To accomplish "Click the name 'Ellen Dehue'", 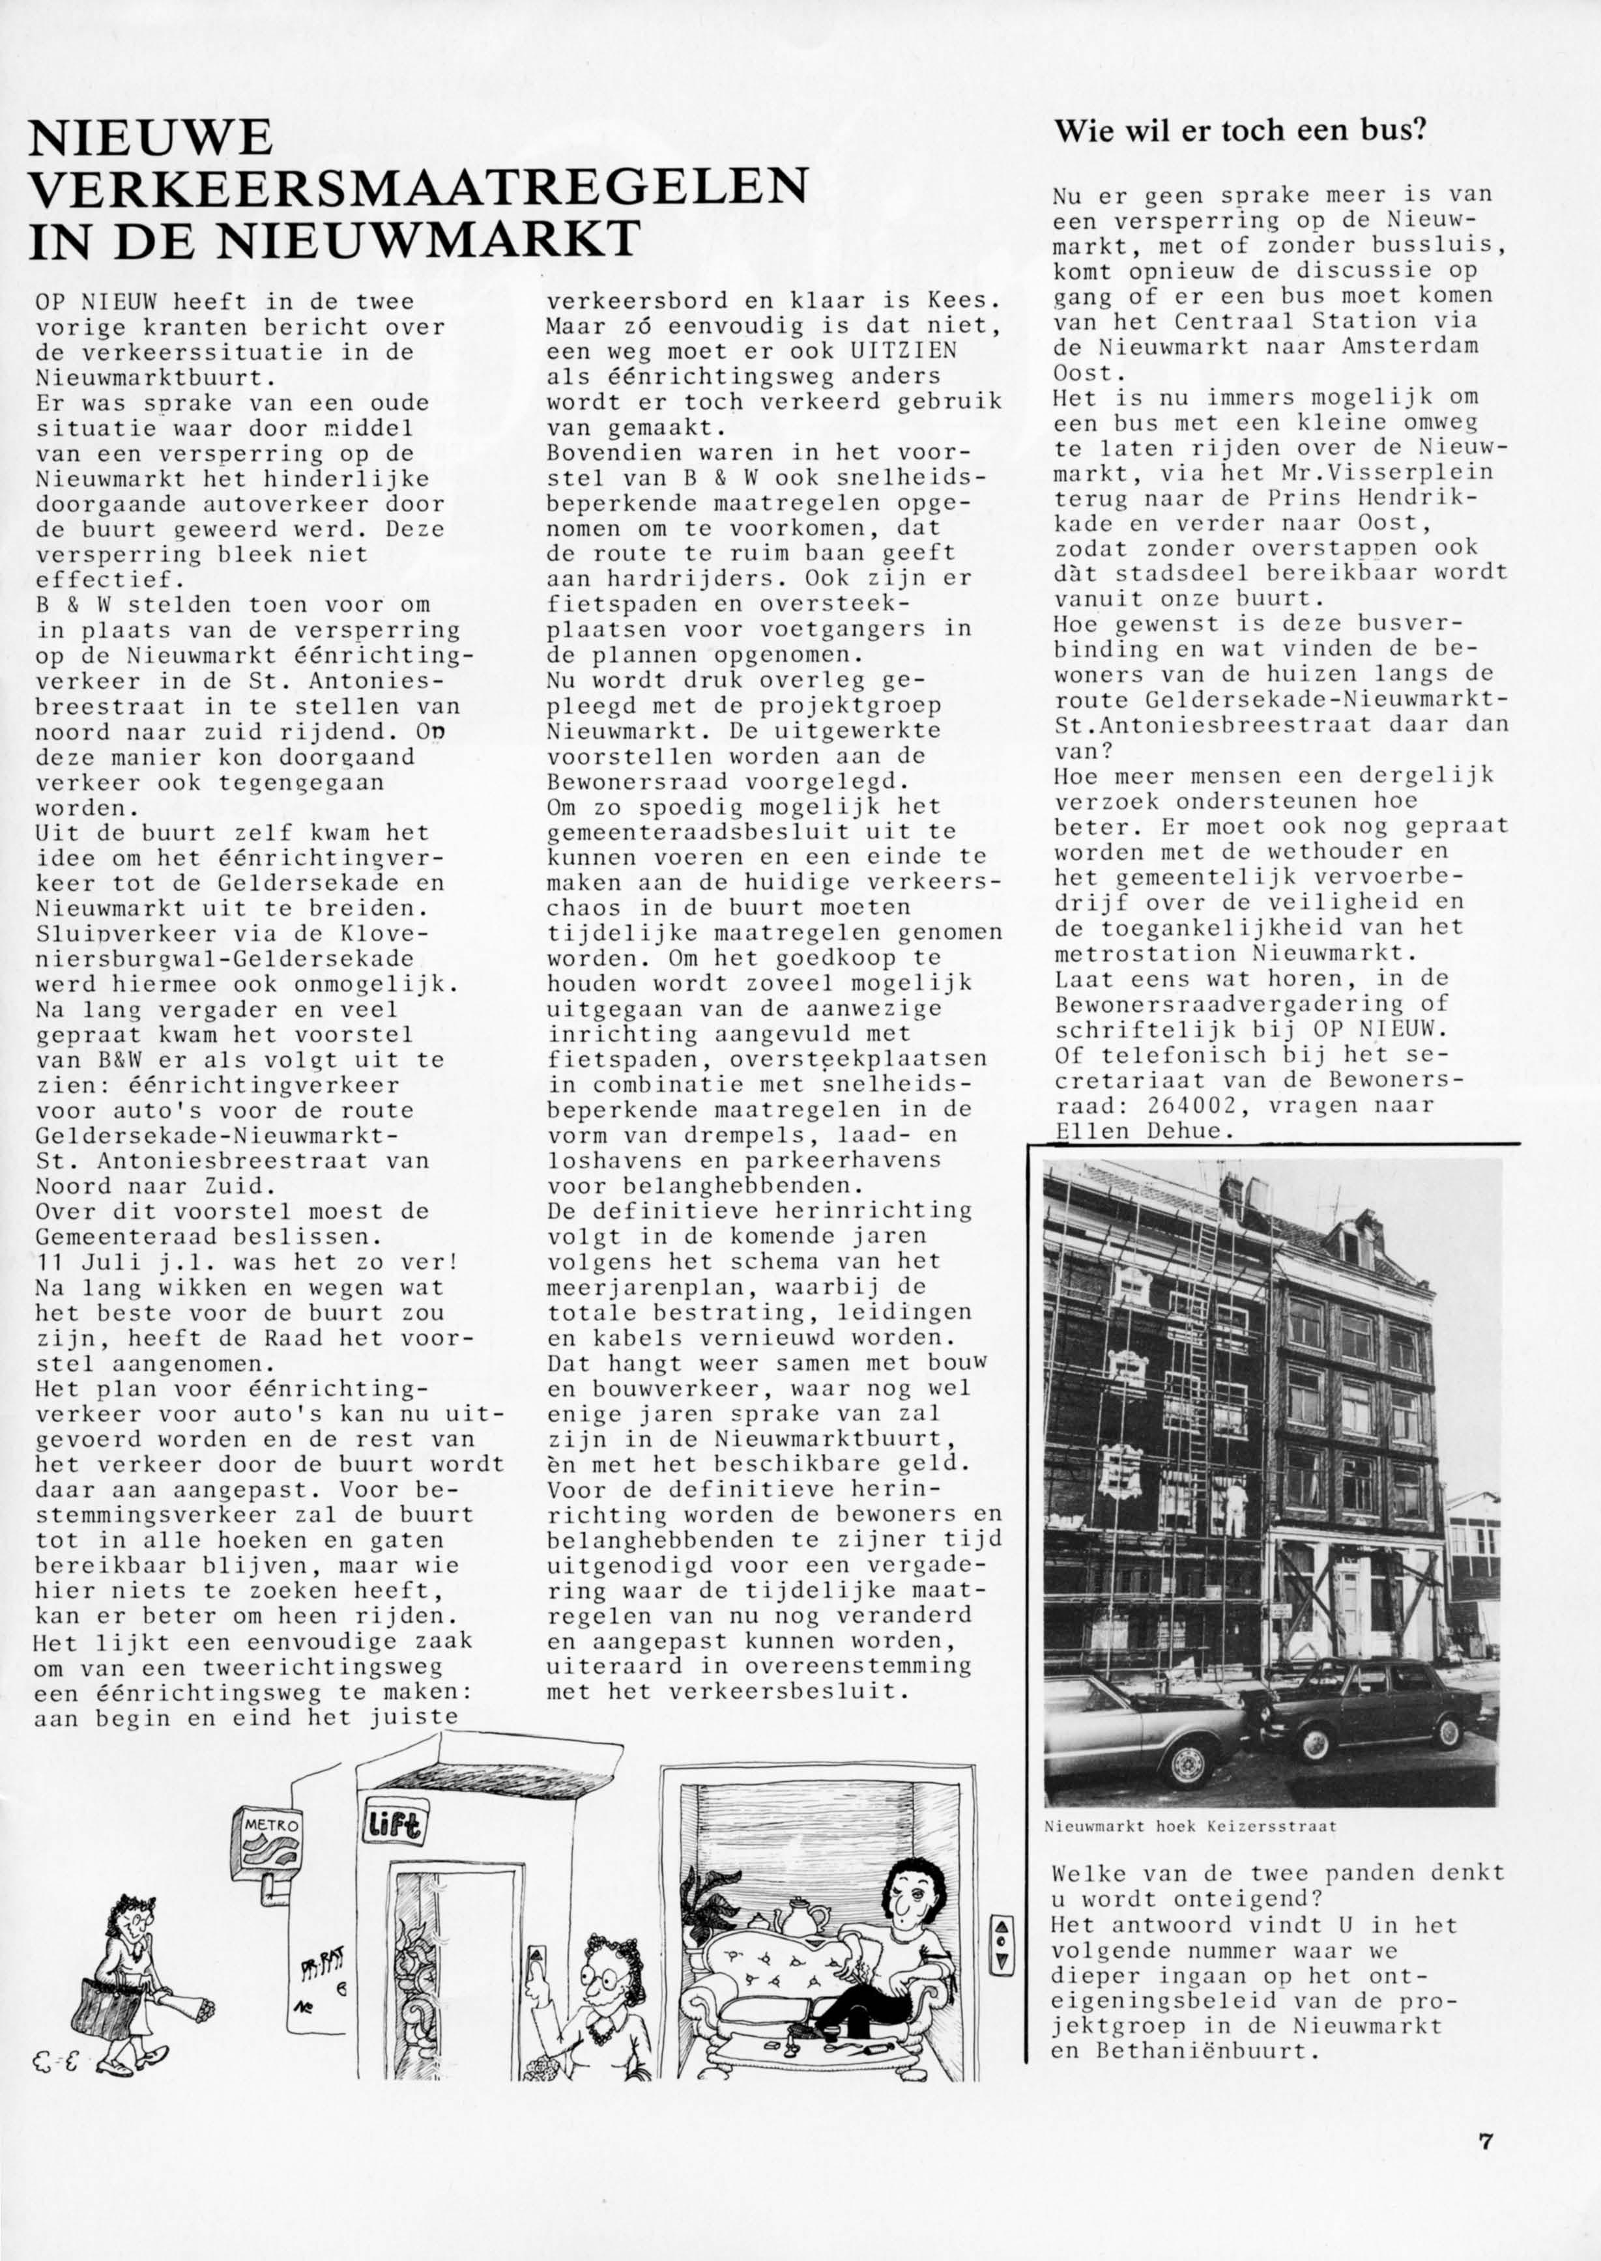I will pyautogui.click(x=1144, y=1131).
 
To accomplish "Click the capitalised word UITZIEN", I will pyautogui.click(x=904, y=351).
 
